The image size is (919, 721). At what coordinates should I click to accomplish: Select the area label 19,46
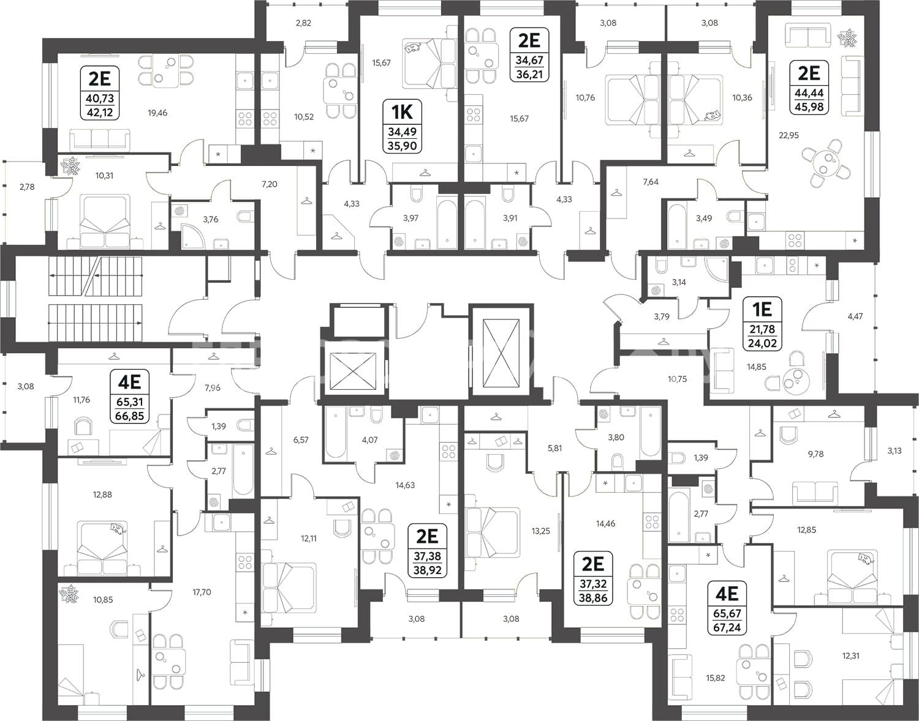pyautogui.click(x=157, y=113)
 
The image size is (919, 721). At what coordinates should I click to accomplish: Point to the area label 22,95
pyautogui.click(x=789, y=136)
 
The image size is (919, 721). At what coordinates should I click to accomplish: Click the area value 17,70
pyautogui.click(x=202, y=592)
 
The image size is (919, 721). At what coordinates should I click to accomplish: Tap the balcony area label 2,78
pyautogui.click(x=27, y=187)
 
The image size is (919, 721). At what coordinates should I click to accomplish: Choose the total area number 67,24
pyautogui.click(x=727, y=627)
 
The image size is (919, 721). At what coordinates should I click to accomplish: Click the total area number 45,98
pyautogui.click(x=809, y=107)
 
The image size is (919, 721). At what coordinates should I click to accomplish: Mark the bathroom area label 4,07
pyautogui.click(x=369, y=440)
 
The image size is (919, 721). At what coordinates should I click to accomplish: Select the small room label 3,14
pyautogui.click(x=679, y=282)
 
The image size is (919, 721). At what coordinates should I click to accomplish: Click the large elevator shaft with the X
pyautogui.click(x=502, y=353)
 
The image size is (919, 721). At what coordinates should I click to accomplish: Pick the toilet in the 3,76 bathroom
pyautogui.click(x=245, y=217)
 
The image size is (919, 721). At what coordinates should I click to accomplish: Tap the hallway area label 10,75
pyautogui.click(x=678, y=379)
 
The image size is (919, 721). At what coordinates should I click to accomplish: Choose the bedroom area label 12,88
pyautogui.click(x=102, y=495)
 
